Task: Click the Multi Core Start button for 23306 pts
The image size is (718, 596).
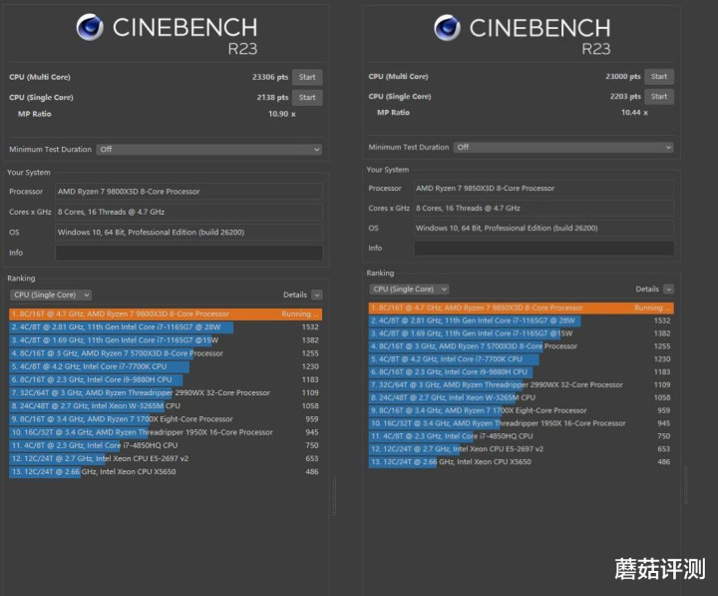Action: tap(307, 77)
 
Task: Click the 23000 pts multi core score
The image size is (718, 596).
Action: tap(623, 77)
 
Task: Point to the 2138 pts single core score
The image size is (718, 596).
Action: tap(271, 97)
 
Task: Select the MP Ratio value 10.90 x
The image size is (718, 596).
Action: tap(281, 114)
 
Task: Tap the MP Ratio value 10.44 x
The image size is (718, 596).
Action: tap(633, 113)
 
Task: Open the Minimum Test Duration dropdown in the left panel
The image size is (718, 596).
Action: tap(208, 149)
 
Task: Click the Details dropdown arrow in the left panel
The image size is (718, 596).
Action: tap(316, 295)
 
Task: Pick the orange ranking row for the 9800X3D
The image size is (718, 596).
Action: tap(166, 313)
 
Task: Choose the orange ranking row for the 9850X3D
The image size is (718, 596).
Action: tap(521, 308)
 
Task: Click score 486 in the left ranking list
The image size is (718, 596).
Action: tap(311, 470)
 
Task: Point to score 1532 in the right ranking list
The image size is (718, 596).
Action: tap(661, 320)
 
